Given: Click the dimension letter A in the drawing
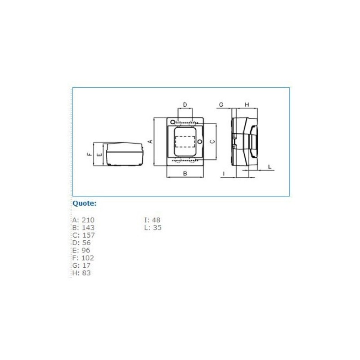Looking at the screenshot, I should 151,141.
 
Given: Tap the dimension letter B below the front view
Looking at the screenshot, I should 185,174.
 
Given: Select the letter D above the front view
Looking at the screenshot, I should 185,105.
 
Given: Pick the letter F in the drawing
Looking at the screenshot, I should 90,154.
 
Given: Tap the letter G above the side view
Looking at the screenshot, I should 221,105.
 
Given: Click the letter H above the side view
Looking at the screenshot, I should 247,105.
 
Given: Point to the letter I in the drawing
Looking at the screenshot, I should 224,174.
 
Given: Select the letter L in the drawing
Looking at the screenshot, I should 270,167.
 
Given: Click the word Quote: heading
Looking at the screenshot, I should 85,203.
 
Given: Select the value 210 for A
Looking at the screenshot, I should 88,220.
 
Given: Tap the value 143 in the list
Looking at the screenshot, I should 88,228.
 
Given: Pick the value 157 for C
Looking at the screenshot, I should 88,235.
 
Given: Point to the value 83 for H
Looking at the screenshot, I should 86,273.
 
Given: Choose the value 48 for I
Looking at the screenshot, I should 156,220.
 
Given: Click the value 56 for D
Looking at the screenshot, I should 86,243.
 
